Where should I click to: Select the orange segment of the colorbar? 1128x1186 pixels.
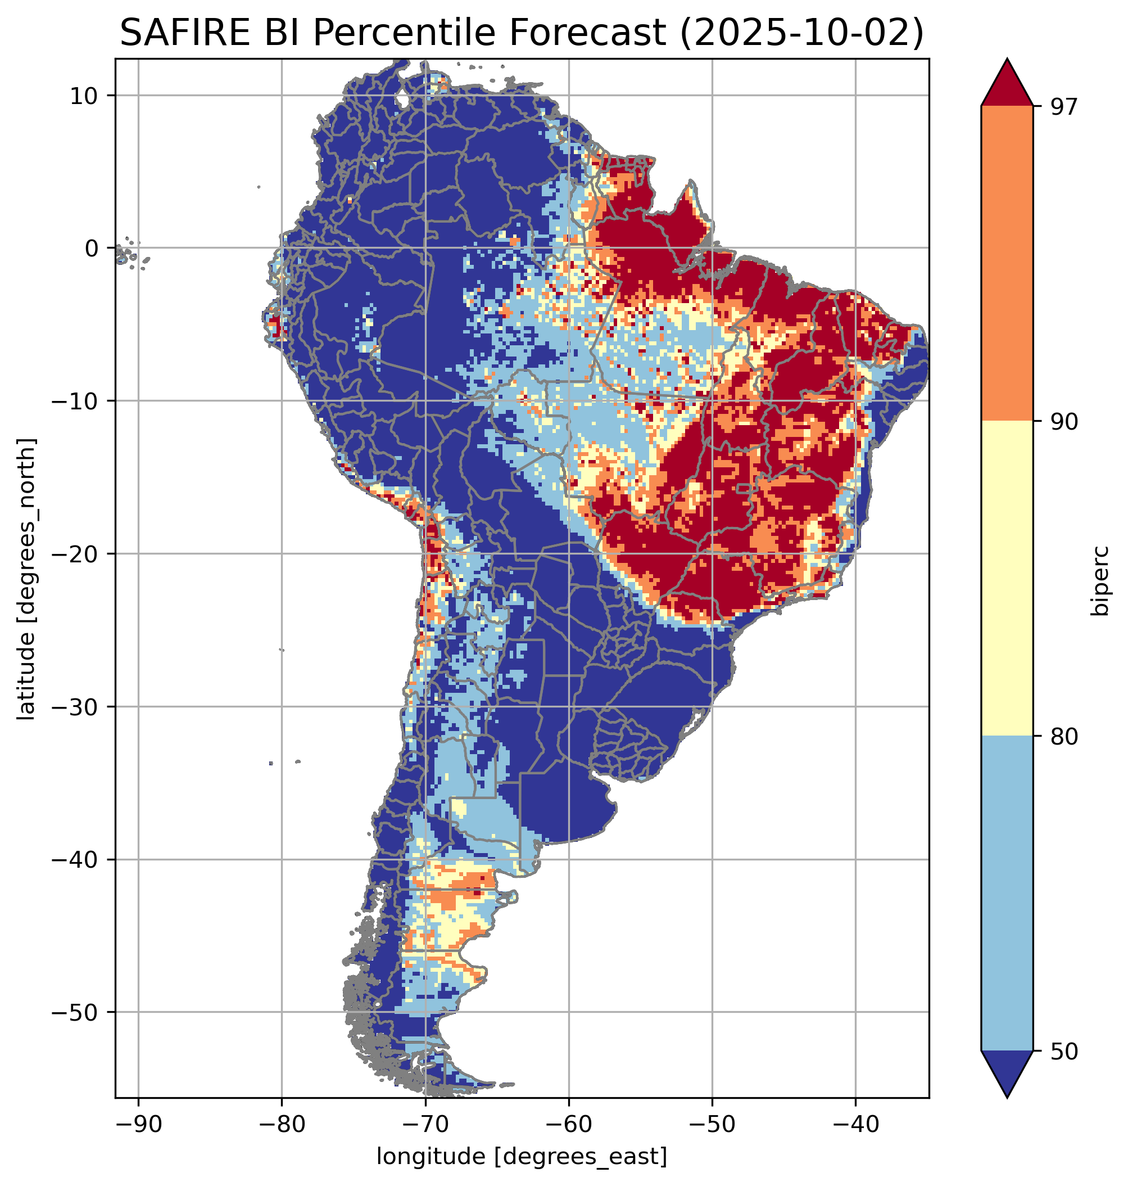tap(1007, 264)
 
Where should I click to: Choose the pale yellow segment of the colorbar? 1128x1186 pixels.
tap(1007, 578)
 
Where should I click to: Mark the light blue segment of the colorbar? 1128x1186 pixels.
tap(1007, 894)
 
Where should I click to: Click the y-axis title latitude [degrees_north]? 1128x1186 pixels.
tap(26, 578)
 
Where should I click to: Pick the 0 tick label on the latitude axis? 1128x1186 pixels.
tap(92, 248)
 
